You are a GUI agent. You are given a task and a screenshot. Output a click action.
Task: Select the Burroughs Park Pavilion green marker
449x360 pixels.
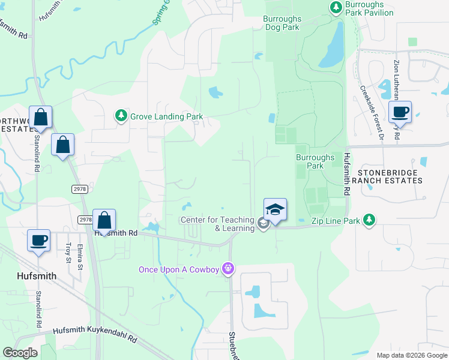336,7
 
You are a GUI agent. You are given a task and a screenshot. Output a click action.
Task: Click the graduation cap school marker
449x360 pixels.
275,210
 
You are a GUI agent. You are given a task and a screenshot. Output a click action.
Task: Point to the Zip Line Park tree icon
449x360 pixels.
370,220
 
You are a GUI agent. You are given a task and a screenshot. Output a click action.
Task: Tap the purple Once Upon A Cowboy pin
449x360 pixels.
228,268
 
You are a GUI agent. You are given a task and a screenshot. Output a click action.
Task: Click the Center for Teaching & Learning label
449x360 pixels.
217,224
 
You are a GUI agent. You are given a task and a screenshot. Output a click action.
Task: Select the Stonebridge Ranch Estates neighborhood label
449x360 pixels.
390,176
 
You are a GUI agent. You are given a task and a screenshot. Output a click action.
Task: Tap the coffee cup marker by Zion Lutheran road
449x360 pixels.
400,112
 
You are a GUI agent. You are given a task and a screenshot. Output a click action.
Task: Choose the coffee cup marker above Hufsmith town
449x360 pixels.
40,241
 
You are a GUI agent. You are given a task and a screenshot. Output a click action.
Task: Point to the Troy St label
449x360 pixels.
68,252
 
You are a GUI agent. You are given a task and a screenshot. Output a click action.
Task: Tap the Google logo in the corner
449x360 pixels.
20,353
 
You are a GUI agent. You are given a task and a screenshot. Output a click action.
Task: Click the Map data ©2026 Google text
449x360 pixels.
412,355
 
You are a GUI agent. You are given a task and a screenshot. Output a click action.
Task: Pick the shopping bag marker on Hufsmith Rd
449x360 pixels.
104,221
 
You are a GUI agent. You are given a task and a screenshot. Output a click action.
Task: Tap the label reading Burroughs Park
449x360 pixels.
315,161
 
